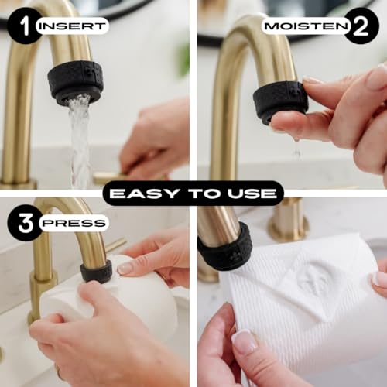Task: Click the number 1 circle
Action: pos(25,26)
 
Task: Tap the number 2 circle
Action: pos(361,26)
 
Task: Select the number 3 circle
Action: pos(25,223)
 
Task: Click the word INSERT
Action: pos(74,26)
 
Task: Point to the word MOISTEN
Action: pos(307,26)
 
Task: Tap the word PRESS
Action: pos(74,223)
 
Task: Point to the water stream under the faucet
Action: pos(80,141)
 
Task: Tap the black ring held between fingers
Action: pos(280,102)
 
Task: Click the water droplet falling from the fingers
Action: pos(296,148)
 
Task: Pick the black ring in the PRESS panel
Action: pos(96,271)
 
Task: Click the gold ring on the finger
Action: pos(60,372)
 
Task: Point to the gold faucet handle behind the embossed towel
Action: pos(289,221)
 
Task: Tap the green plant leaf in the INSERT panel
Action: pos(183,60)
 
